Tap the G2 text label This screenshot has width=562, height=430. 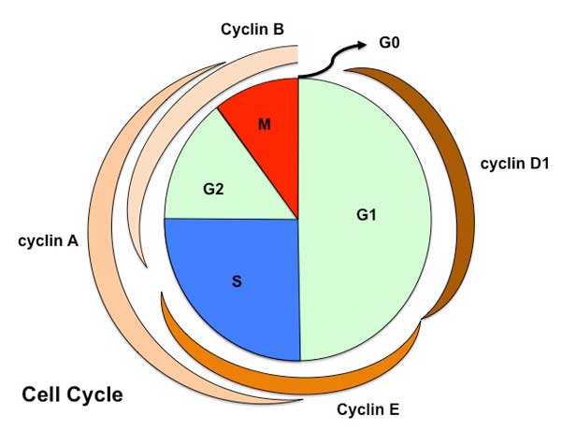(x=213, y=189)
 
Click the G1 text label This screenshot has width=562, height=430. (x=366, y=216)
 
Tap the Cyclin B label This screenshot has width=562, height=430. (x=252, y=29)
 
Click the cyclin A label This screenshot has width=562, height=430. (x=48, y=241)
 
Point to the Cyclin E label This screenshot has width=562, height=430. (x=369, y=408)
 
